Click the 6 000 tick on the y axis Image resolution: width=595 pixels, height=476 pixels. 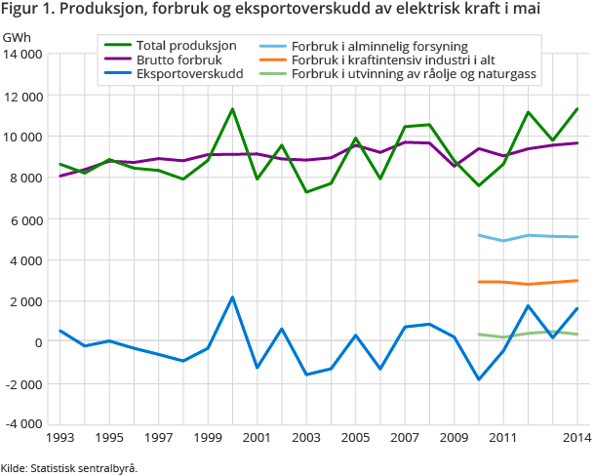[x=24, y=219]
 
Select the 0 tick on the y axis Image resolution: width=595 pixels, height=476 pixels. [x=36, y=342]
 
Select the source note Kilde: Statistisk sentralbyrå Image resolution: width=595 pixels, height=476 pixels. [x=69, y=468]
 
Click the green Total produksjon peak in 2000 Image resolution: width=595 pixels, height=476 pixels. [x=232, y=109]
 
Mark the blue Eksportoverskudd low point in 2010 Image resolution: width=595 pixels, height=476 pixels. [x=479, y=379]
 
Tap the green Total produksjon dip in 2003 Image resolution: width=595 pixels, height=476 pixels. [x=306, y=191]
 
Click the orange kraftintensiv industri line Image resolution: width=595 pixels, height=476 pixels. [x=528, y=283]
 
